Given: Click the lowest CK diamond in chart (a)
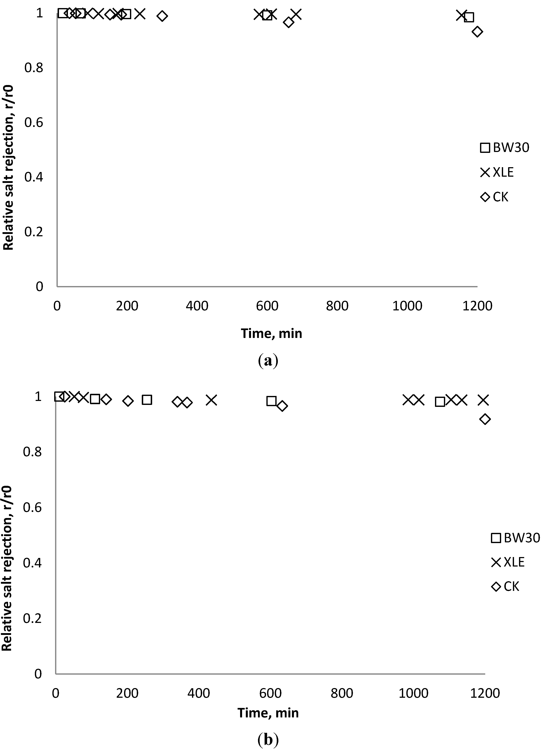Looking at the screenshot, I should [477, 32].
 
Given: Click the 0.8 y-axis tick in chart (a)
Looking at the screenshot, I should [34, 68].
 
